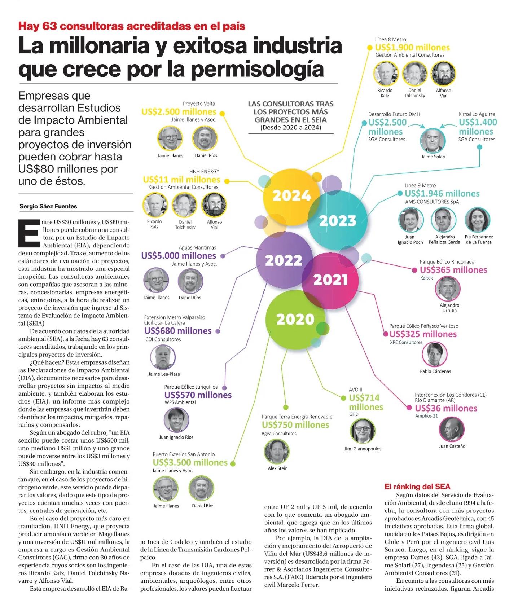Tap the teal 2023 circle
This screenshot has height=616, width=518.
(x=337, y=221)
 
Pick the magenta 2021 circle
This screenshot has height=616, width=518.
(x=330, y=280)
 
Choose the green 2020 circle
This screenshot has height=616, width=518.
(x=295, y=319)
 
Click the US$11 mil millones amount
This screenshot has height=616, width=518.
(x=181, y=180)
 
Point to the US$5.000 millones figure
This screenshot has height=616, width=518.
(x=179, y=256)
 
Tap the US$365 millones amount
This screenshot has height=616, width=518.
(x=453, y=270)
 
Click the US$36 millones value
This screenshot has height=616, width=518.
(x=446, y=408)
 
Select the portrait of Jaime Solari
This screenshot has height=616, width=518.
(x=433, y=140)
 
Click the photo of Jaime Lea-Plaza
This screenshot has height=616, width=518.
(x=163, y=357)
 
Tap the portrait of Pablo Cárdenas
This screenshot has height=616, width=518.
(x=435, y=355)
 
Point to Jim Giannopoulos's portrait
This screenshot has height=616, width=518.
(x=363, y=431)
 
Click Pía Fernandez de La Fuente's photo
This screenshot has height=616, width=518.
(x=478, y=220)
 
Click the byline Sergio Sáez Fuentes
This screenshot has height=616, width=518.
(x=48, y=207)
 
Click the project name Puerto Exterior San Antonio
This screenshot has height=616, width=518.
(x=184, y=454)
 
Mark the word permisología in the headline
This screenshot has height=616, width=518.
(x=256, y=69)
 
